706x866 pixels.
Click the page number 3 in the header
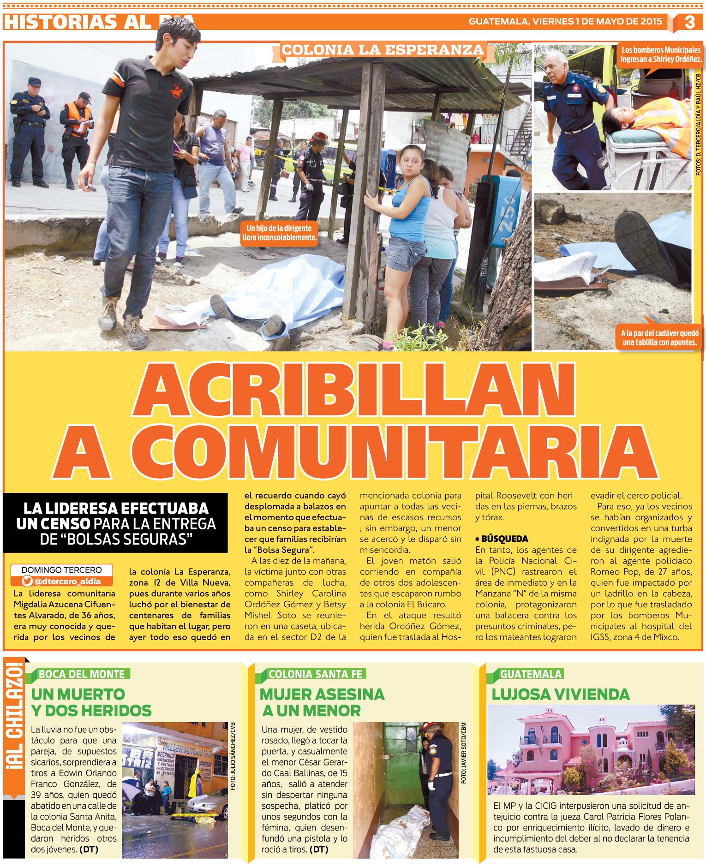(689, 22)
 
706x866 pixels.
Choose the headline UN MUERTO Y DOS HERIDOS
(91, 701)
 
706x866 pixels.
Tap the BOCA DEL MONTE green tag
(82, 674)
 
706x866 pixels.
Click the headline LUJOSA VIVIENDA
(561, 694)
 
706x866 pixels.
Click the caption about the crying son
(281, 233)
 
